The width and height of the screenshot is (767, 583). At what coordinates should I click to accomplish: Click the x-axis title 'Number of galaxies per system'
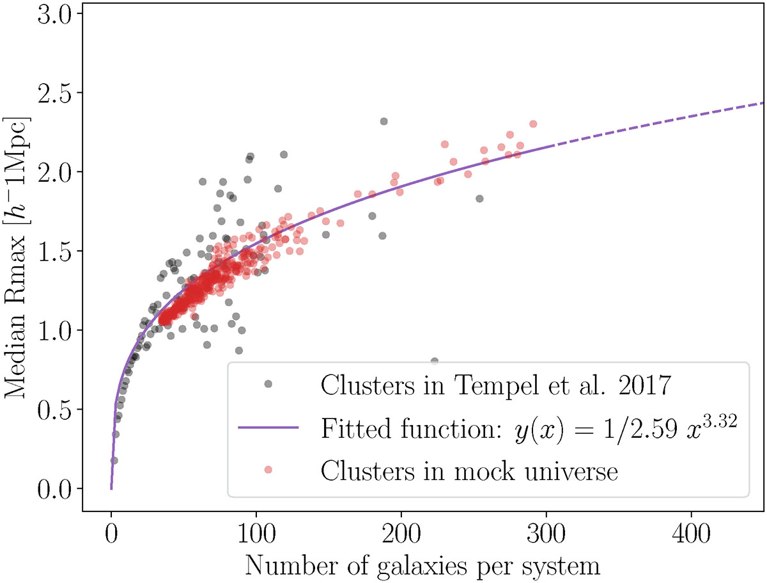tap(422, 566)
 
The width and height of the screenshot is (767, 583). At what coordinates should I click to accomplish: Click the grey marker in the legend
tap(268, 384)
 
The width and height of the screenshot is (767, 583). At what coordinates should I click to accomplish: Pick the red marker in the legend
tap(268, 470)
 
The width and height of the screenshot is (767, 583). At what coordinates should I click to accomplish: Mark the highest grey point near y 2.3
tap(383, 121)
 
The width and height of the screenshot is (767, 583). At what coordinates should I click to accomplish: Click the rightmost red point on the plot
tap(533, 124)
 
